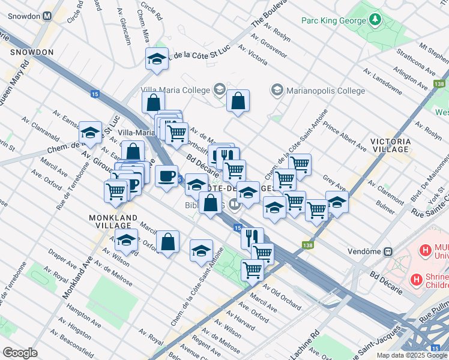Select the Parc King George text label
click(x=334, y=21)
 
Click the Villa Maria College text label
click(x=175, y=90)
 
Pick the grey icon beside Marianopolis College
click(x=277, y=90)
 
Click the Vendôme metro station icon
click(x=388, y=251)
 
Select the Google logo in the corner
click(x=20, y=353)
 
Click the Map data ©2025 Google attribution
click(x=412, y=355)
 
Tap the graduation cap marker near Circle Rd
click(x=157, y=59)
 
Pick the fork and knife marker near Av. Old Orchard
click(x=252, y=236)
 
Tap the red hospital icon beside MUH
click(x=426, y=250)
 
